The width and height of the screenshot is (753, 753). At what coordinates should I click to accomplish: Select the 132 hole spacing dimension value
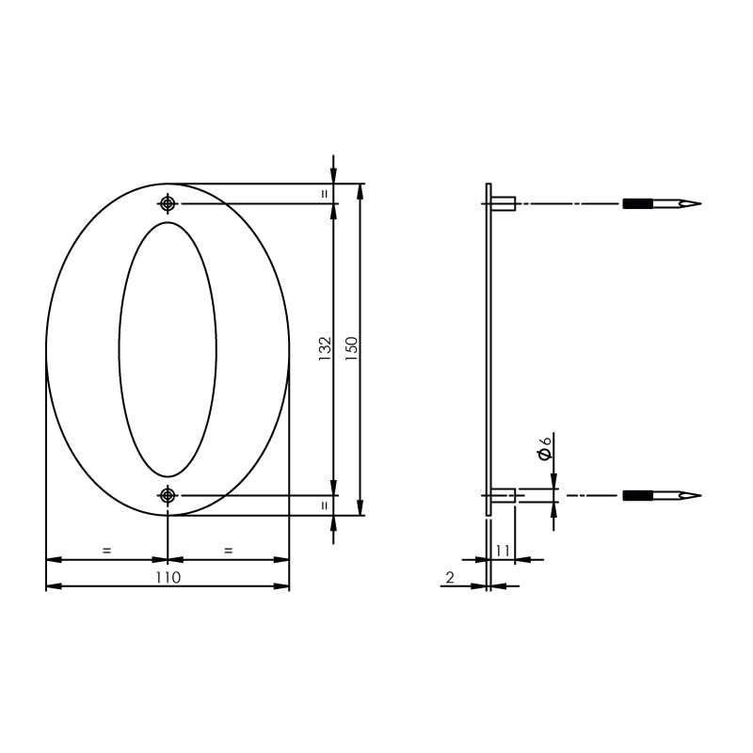325,349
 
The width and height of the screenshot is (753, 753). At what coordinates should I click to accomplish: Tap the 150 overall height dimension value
351,349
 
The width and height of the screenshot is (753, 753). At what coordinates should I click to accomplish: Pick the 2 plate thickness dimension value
450,577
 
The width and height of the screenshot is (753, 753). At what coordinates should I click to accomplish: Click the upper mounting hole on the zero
168,203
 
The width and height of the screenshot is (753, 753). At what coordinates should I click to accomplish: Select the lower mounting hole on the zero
168,495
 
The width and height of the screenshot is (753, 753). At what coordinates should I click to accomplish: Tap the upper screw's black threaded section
637,203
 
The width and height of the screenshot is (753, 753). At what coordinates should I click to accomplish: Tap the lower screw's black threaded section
637,495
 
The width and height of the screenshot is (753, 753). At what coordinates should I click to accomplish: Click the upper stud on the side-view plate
504,203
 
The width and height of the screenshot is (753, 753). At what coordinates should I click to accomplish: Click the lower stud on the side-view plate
504,495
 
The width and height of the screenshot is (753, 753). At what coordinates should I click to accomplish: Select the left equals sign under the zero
106,550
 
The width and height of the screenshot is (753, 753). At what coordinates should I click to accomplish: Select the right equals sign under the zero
229,550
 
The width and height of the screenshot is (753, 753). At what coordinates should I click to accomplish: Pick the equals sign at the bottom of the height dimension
325,505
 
